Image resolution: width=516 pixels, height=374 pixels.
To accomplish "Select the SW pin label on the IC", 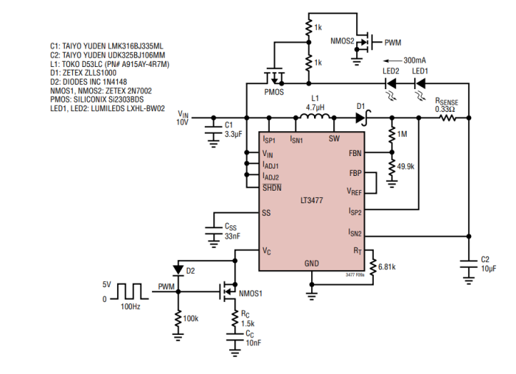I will click(x=334, y=138).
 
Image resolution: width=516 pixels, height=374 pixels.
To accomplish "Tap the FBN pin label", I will click(x=355, y=154).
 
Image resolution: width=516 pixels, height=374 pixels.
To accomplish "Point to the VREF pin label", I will click(x=355, y=191).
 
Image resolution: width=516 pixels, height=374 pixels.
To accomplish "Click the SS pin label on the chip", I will click(x=267, y=213).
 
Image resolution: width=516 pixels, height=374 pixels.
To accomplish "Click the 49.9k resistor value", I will click(x=406, y=167).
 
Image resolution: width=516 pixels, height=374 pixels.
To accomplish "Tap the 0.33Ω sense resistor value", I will click(x=445, y=109).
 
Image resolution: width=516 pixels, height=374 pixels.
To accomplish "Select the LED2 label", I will click(x=391, y=71).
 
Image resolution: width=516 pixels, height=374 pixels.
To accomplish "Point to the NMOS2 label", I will click(x=342, y=41).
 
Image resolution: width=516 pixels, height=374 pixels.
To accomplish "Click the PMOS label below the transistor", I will click(x=273, y=92).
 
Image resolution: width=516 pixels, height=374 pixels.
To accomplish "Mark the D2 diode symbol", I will click(x=178, y=270).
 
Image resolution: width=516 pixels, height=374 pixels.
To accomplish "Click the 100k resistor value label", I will click(x=191, y=318).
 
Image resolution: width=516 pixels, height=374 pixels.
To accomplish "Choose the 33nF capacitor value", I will click(x=232, y=236).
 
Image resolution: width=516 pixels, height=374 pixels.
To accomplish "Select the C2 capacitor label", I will click(x=484, y=259).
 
